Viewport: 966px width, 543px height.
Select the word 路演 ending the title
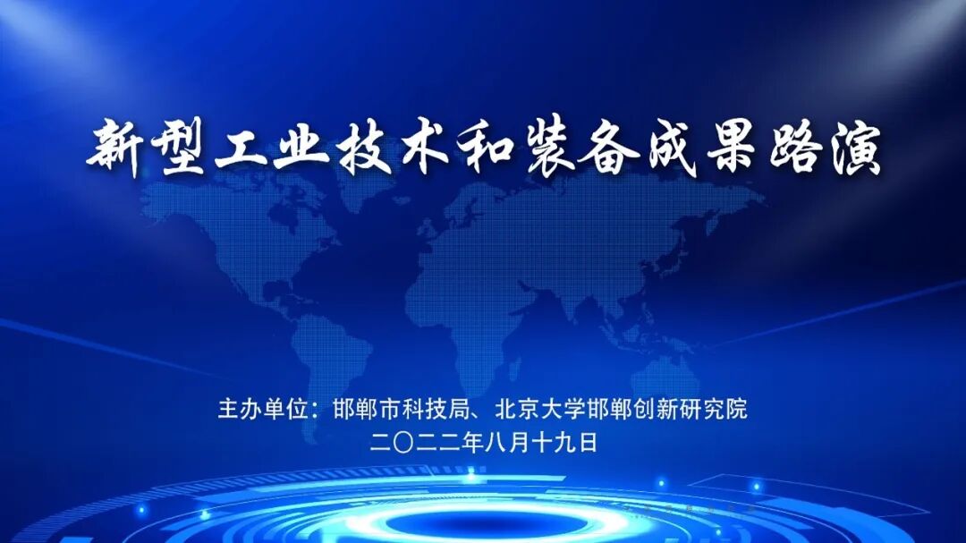point(827,149)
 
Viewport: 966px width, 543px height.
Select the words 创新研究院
point(695,410)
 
